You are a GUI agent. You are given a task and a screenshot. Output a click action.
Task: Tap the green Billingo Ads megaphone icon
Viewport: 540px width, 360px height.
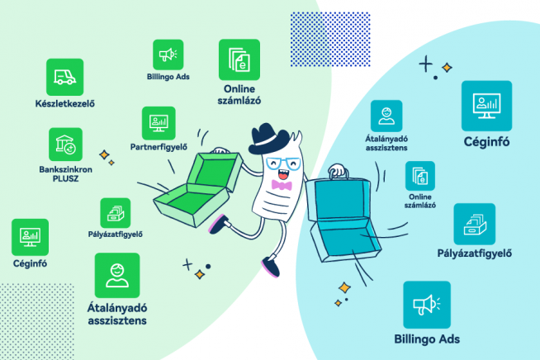point(168,54)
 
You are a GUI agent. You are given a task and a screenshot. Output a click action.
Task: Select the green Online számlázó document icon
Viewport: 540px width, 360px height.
point(239,59)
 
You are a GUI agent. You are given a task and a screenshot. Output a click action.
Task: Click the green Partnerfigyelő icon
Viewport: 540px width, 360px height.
point(157,122)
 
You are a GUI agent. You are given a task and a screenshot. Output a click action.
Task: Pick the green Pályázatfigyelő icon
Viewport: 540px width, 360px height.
point(116,213)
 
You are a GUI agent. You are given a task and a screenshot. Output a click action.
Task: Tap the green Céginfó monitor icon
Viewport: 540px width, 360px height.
point(30,236)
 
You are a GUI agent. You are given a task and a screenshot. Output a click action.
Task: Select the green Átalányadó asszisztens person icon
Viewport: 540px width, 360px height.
point(117,275)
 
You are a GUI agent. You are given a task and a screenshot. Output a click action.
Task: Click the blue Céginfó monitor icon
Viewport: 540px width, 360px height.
point(487,104)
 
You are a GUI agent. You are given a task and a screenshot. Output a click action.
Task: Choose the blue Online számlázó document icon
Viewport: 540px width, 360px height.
point(420,177)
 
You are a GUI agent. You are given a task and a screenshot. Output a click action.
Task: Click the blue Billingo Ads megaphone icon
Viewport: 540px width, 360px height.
point(427,305)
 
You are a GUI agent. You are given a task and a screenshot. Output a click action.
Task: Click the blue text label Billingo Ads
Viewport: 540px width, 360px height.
point(427,339)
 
